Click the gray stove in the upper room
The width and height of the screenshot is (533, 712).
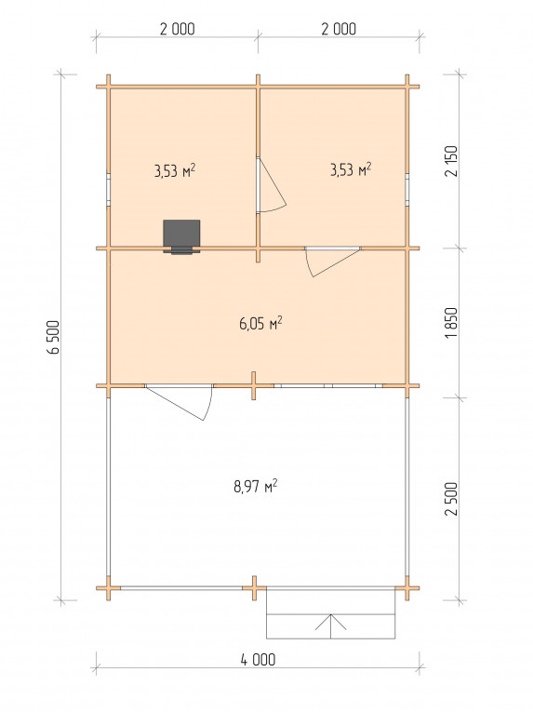point(181,236)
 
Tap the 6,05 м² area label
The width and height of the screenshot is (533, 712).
point(260,324)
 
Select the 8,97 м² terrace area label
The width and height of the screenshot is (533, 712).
point(256,487)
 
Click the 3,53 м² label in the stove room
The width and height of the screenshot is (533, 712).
point(175,171)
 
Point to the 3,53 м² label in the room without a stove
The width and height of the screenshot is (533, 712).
point(351,169)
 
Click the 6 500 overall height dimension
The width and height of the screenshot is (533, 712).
point(54,337)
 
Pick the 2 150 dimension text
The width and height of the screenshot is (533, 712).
point(452,161)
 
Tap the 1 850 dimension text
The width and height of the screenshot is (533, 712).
point(452,323)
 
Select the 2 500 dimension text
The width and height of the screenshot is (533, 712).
point(452,499)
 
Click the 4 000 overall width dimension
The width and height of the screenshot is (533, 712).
point(258,659)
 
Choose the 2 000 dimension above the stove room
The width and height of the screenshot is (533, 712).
point(177,29)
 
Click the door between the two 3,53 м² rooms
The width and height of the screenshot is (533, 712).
point(271,185)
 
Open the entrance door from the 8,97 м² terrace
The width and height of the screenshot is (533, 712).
point(180,402)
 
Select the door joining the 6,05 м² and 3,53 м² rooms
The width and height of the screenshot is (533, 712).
point(333,262)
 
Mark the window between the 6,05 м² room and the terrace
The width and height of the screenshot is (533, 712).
point(328,386)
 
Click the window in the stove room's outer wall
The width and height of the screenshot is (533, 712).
point(109,189)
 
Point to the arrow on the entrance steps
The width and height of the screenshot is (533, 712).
point(331,626)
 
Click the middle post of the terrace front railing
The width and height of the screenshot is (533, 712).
point(254,588)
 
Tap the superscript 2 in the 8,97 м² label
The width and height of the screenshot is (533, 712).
point(274,483)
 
